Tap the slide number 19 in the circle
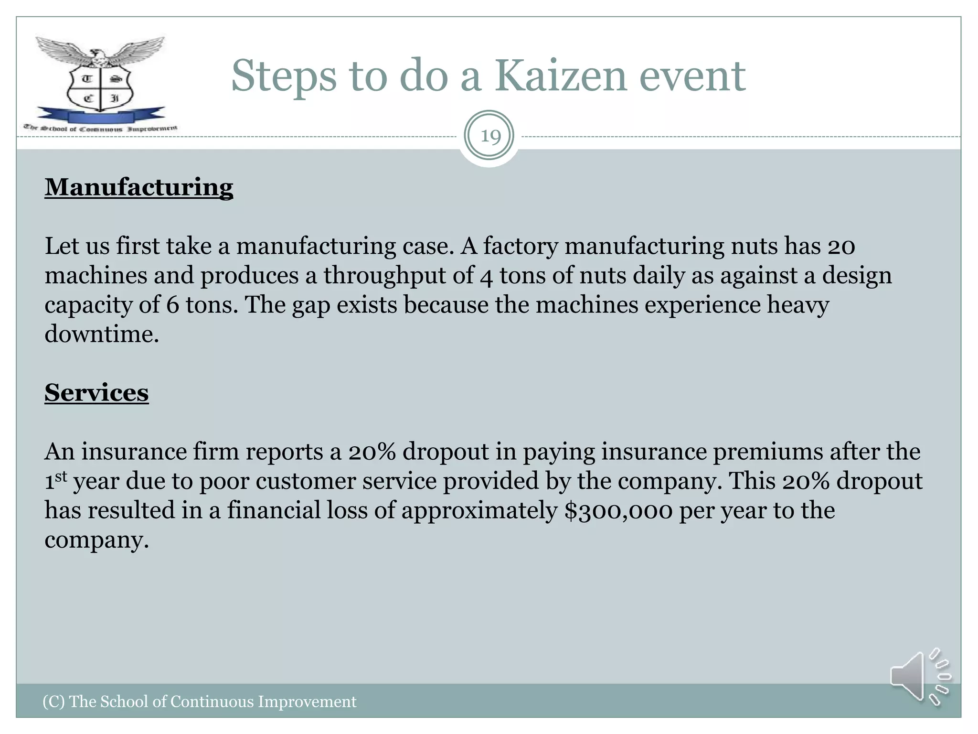489,137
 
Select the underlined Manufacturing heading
139,187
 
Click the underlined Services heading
96,393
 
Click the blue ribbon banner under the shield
100,116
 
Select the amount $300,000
618,510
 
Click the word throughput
399,276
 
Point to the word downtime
101,334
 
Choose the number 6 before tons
172,305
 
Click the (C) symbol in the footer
53,702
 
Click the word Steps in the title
284,76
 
